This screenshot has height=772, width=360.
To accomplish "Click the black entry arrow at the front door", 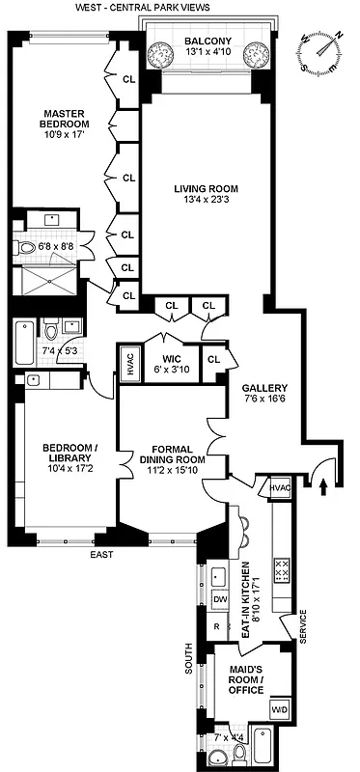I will (322, 485).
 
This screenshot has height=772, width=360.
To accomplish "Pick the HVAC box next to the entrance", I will (280, 488).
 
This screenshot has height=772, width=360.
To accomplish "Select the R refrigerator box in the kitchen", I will (217, 625).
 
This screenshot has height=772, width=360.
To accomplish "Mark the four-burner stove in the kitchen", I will (283, 570).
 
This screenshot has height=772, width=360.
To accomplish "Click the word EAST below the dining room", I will (101, 555).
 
